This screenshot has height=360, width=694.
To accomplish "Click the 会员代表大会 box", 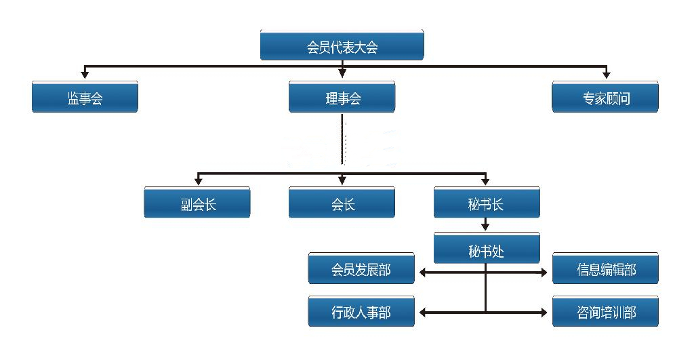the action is [x=342, y=45].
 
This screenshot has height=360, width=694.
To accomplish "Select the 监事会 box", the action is [x=85, y=97].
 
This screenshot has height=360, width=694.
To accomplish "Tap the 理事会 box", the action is [x=342, y=97].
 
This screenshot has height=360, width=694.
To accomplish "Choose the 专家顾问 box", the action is [x=605, y=97].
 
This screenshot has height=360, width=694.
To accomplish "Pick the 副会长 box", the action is [x=197, y=202].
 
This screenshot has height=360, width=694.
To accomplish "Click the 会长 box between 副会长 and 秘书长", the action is [x=342, y=202].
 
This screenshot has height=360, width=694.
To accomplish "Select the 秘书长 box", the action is [x=487, y=202].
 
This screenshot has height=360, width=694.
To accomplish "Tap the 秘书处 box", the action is [x=487, y=248].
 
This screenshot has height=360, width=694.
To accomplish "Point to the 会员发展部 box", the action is [x=361, y=268].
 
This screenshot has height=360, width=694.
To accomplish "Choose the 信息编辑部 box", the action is [x=605, y=268].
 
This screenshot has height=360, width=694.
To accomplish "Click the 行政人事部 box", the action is [x=361, y=311].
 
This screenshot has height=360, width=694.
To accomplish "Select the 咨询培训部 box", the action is [x=605, y=311].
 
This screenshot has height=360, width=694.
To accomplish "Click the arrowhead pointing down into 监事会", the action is [x=85, y=75].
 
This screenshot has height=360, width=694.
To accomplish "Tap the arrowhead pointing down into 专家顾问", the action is [x=607, y=75].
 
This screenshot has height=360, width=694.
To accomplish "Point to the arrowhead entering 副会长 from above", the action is [x=199, y=180].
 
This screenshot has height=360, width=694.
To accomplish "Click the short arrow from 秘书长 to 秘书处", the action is [x=485, y=224].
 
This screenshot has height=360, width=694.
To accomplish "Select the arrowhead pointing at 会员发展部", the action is [x=423, y=273].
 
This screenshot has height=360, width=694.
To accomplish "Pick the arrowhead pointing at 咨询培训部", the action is [x=544, y=313].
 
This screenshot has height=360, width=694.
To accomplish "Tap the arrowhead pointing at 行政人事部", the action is [x=423, y=313].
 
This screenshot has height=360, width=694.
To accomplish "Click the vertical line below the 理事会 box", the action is [x=342, y=139].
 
